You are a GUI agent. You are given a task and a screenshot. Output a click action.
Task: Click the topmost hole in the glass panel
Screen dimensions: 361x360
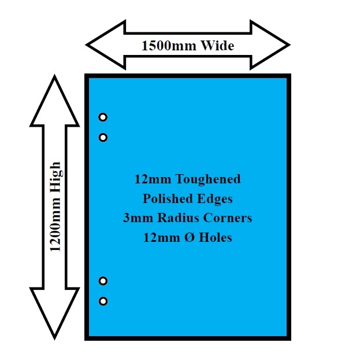pyautogui.click(x=103, y=117)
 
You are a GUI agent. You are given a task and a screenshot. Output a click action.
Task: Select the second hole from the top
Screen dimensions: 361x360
pyautogui.click(x=103, y=138)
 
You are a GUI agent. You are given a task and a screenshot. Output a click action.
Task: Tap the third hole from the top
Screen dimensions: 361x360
pyautogui.click(x=103, y=281)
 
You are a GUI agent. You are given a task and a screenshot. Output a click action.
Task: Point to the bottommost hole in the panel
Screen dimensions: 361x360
pyautogui.click(x=103, y=301)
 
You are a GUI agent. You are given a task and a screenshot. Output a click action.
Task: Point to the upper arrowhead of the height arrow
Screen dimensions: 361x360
pyautogui.click(x=54, y=98)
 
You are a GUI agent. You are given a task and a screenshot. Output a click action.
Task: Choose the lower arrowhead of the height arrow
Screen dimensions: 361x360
pyautogui.click(x=54, y=315)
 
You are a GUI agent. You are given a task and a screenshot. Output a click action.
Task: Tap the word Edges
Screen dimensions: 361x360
pyautogui.click(x=214, y=199)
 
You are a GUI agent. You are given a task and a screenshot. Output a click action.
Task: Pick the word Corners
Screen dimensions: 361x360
pyautogui.click(x=226, y=218)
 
